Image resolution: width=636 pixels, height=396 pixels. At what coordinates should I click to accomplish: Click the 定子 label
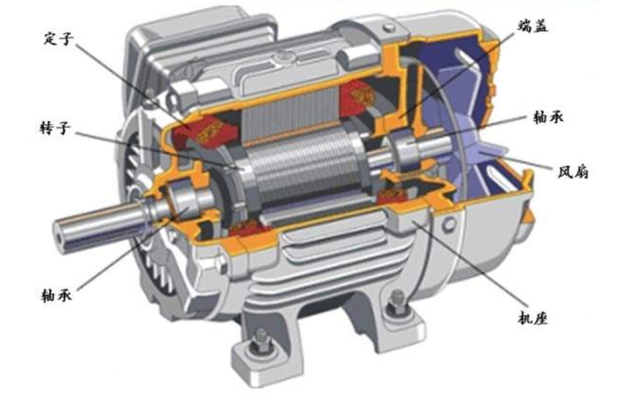(59, 39)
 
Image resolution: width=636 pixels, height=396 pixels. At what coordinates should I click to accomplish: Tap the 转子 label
(55, 128)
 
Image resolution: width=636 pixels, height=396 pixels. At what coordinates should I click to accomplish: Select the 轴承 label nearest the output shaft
(57, 295)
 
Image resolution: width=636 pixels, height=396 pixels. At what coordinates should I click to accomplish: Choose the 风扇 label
(573, 173)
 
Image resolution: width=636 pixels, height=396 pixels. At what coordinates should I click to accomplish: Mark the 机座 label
(533, 318)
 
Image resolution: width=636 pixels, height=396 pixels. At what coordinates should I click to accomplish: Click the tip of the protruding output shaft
(61, 234)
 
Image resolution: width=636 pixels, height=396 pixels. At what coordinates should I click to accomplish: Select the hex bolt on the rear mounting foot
(396, 302)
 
